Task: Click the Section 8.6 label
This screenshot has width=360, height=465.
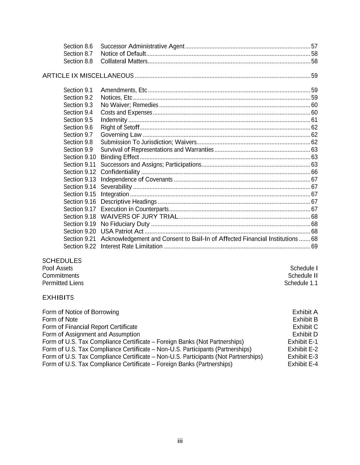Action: coord(78,46)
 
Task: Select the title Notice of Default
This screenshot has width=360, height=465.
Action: coord(123,54)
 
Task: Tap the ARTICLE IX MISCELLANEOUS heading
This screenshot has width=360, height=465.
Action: coord(88,76)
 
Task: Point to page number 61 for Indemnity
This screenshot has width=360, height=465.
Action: coord(314,120)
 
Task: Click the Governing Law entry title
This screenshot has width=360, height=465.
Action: coord(121,135)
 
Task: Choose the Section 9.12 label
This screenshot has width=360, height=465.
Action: coord(80,172)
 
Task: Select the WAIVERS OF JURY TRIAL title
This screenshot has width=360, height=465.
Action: coord(139,217)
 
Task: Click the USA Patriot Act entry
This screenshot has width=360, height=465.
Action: coord(122,232)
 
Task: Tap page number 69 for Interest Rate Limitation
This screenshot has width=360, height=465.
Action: coord(314,246)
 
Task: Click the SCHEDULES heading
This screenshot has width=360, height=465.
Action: coord(62,261)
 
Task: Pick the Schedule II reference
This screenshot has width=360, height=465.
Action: coord(303,276)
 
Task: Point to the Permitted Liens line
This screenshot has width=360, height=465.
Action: coord(63,283)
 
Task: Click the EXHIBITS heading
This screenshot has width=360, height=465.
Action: coord(58,298)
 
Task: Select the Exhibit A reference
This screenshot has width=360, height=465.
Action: coord(305,312)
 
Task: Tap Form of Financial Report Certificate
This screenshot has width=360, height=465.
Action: coord(90,327)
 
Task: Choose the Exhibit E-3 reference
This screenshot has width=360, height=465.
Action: coord(302,357)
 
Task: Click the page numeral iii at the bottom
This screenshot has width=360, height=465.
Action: coord(180,441)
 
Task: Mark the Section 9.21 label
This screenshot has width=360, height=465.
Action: coord(80,239)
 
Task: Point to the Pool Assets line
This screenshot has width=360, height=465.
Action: coord(58,268)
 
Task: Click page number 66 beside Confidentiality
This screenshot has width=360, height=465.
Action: coord(314,172)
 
